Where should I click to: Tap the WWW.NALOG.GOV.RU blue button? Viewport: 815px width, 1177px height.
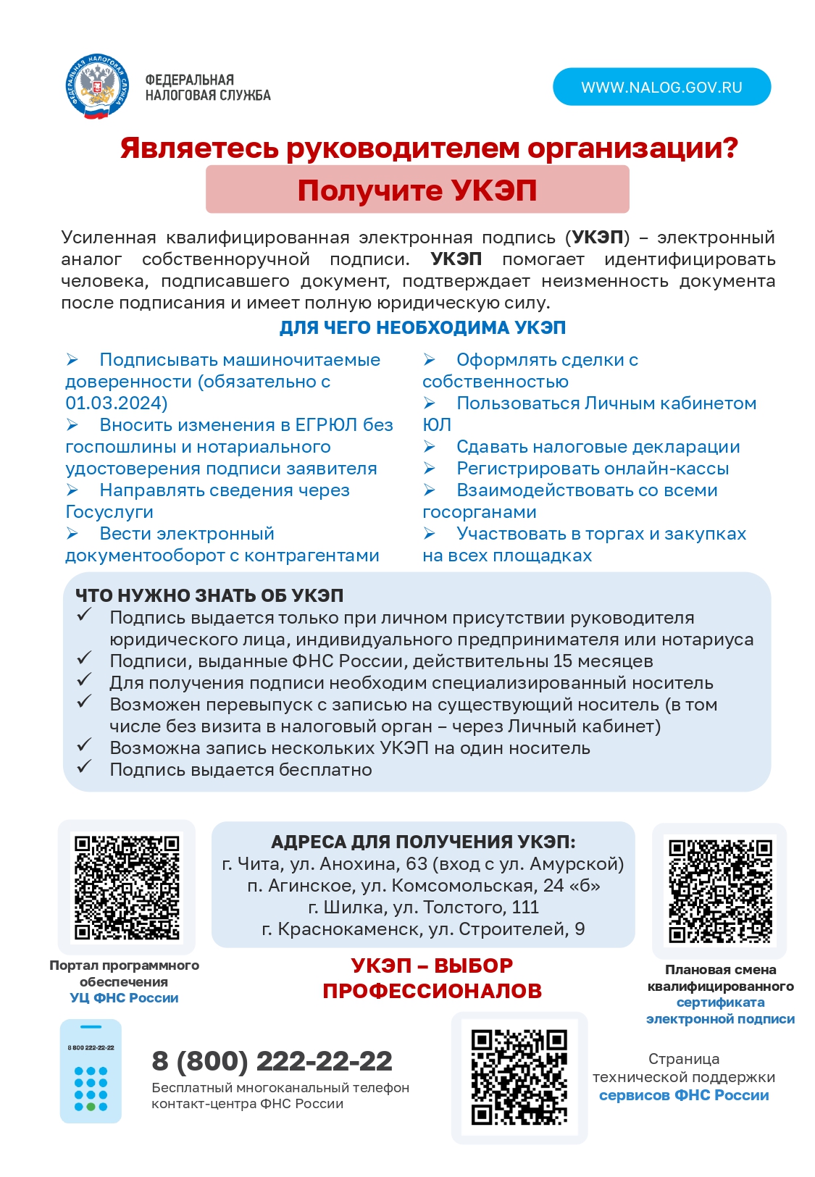click(x=661, y=87)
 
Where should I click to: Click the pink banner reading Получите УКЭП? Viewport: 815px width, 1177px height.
click(x=417, y=190)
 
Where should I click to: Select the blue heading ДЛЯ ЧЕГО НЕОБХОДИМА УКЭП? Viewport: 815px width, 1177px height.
click(x=422, y=327)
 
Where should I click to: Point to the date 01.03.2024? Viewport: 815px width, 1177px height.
click(x=116, y=403)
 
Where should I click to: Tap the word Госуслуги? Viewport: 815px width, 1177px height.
click(x=109, y=511)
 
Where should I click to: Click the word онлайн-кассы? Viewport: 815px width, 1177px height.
click(x=668, y=468)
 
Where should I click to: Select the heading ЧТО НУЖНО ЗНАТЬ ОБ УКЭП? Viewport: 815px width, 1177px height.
click(x=209, y=595)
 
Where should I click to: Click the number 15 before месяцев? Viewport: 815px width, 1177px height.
click(x=563, y=661)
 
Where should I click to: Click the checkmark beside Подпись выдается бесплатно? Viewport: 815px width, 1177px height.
click(x=85, y=766)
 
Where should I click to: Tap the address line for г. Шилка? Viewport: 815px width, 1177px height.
click(x=423, y=907)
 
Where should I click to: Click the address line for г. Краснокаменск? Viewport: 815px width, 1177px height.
click(x=423, y=929)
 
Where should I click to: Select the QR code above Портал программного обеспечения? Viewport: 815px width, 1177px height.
click(x=127, y=887)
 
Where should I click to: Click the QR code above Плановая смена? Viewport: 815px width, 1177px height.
click(x=719, y=890)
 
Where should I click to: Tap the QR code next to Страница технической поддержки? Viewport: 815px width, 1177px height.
click(x=519, y=1077)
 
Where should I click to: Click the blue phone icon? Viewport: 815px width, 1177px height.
click(x=91, y=1071)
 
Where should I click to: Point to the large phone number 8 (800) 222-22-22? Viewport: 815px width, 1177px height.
click(x=272, y=1061)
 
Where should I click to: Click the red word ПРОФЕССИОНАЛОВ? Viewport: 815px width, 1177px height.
click(x=432, y=991)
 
